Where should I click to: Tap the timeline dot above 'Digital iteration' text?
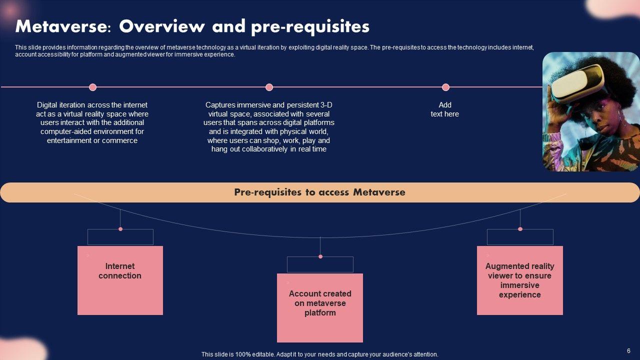pyautogui.click(x=92, y=87)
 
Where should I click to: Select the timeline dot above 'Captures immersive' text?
pyautogui.click(x=269, y=87)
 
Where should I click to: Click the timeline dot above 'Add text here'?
pyautogui.click(x=445, y=87)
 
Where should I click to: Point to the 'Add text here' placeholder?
pyautogui.click(x=445, y=109)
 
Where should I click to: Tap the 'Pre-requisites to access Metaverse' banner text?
pyautogui.click(x=319, y=192)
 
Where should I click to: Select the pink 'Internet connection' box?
pyautogui.click(x=120, y=280)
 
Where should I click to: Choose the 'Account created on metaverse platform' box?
pyautogui.click(x=320, y=307)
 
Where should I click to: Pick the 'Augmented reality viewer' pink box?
pyautogui.click(x=520, y=280)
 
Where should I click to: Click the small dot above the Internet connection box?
pyautogui.click(x=120, y=229)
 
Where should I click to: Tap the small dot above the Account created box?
pyautogui.click(x=320, y=256)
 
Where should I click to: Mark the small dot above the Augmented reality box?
pyautogui.click(x=520, y=229)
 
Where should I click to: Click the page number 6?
pyautogui.click(x=628, y=351)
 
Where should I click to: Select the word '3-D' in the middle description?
pyautogui.click(x=326, y=105)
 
